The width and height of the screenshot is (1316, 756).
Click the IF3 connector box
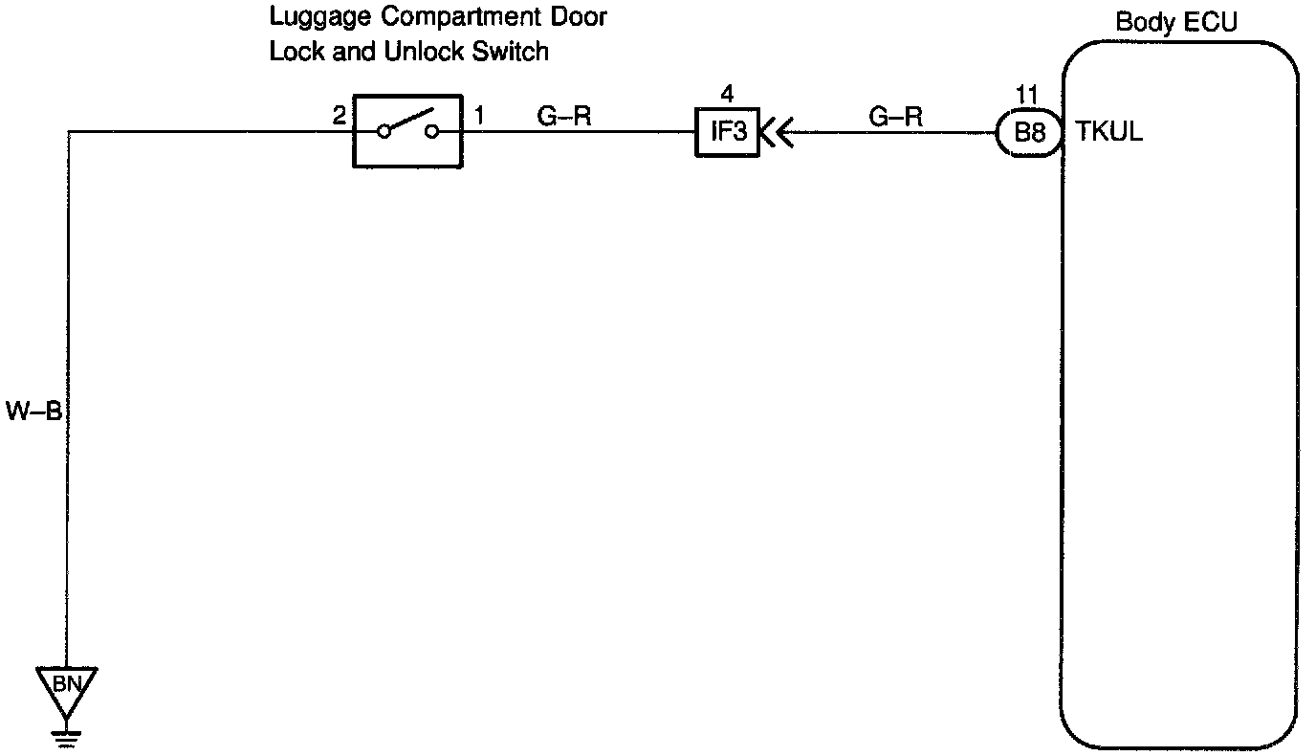pyautogui.click(x=727, y=132)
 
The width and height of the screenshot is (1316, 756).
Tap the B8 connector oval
pyautogui.click(x=1029, y=132)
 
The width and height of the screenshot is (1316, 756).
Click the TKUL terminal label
pyautogui.click(x=1109, y=132)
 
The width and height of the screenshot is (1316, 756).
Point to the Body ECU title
pyautogui.click(x=1175, y=22)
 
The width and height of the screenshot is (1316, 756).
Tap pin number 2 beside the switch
pyautogui.click(x=339, y=117)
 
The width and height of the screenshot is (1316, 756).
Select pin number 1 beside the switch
pyautogui.click(x=478, y=117)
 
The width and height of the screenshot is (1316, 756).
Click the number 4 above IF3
pyautogui.click(x=727, y=94)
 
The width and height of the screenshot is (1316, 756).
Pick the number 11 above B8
pyautogui.click(x=1026, y=94)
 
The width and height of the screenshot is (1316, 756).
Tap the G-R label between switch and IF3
pyautogui.click(x=564, y=117)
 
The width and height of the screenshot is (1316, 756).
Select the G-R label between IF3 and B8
pyautogui.click(x=896, y=117)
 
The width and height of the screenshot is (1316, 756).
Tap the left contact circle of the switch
pyautogui.click(x=384, y=132)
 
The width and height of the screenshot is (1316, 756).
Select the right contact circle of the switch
pyautogui.click(x=431, y=132)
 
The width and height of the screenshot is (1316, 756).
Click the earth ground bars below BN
pyautogui.click(x=65, y=735)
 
